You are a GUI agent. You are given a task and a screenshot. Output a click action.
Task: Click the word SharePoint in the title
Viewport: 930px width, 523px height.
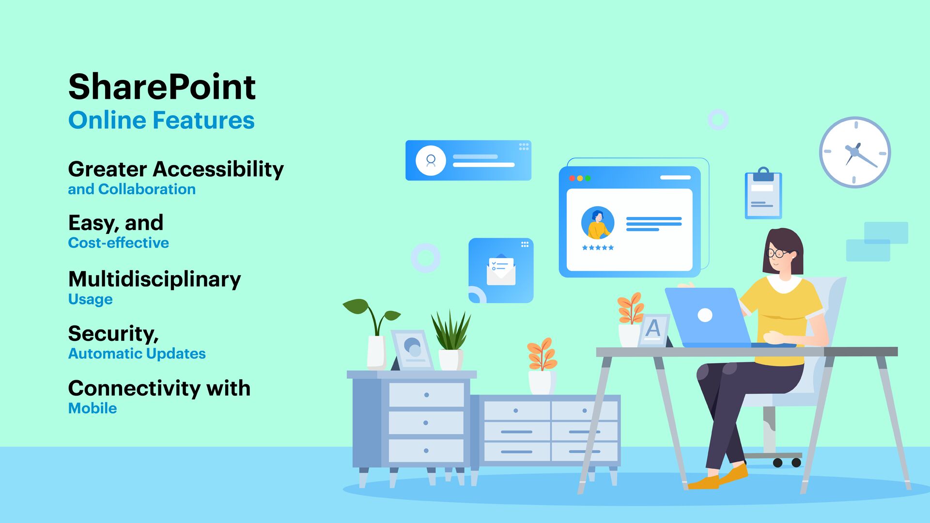[x=162, y=87]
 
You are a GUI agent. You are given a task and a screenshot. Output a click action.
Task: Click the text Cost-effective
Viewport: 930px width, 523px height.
[x=119, y=243]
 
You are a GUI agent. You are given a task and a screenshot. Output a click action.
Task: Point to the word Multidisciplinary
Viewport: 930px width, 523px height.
[x=155, y=280]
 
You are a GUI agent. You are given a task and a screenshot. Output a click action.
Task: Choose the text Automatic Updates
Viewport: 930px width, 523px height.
[x=137, y=354]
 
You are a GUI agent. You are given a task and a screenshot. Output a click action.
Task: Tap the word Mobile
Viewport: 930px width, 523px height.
[x=93, y=408]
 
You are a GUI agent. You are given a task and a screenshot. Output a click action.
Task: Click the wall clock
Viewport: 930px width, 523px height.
[x=855, y=152]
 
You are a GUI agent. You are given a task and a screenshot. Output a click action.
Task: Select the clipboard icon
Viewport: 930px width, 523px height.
[x=763, y=193]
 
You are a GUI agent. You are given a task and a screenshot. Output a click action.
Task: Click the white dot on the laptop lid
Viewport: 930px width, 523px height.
[x=705, y=315]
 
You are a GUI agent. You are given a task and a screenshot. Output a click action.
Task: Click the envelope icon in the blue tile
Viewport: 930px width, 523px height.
[x=501, y=270]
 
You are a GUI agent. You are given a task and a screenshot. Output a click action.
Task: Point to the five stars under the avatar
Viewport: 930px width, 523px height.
[x=598, y=247]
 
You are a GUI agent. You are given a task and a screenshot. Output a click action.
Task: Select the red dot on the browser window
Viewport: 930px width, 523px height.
[x=572, y=178]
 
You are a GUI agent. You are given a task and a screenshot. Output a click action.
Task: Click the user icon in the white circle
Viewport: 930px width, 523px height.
[x=431, y=160]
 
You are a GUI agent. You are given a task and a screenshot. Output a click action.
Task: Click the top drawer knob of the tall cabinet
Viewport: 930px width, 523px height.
[x=426, y=395]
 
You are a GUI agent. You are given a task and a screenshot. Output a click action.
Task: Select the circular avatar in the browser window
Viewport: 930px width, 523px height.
[x=598, y=223]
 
